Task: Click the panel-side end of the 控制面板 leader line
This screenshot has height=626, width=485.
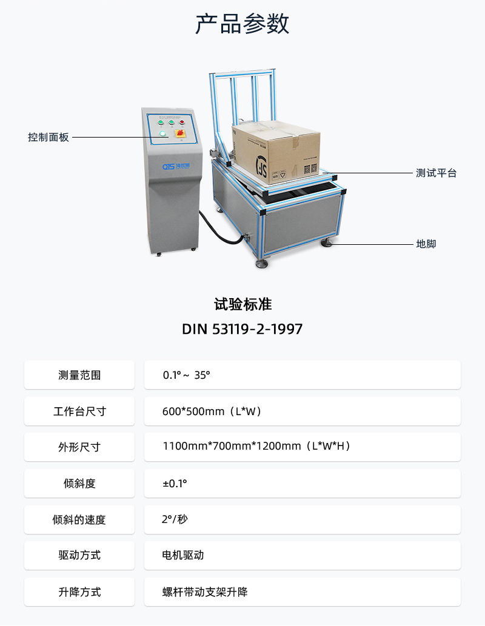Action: click(169, 138)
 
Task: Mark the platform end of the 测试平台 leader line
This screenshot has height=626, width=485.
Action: click(323, 173)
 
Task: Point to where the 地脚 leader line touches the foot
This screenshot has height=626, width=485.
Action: click(331, 244)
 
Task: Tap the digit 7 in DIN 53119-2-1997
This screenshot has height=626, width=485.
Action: click(298, 329)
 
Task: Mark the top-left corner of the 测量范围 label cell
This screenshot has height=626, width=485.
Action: click(24, 361)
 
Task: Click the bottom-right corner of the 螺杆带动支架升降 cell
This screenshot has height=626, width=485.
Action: click(461, 605)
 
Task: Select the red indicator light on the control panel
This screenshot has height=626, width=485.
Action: click(182, 122)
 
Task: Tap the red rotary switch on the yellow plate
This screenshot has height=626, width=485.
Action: click(181, 133)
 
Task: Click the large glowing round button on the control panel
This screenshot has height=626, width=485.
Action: click(162, 133)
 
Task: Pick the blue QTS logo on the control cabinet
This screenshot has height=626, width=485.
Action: click(176, 165)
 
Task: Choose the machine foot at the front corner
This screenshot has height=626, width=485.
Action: click(262, 263)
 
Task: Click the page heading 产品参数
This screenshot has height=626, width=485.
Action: click(242, 24)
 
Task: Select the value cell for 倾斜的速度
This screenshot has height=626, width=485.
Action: click(303, 519)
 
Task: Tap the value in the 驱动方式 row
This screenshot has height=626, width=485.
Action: click(183, 555)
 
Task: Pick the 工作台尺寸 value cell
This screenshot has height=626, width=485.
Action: click(303, 411)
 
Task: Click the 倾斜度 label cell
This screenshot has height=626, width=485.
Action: click(79, 484)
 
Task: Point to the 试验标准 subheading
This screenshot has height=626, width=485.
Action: click(242, 305)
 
